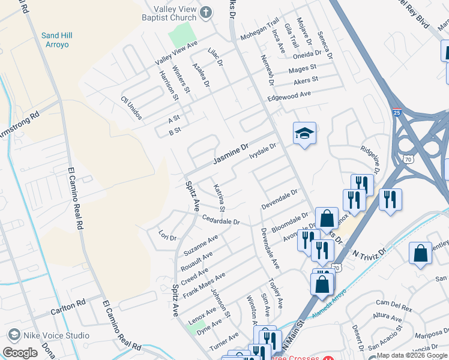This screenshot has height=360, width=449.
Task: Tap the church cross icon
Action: [206, 12]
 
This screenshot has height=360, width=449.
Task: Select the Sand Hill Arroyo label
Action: [59, 40]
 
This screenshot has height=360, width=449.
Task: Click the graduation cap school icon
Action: [304, 134]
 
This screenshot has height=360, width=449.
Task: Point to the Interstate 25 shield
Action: [397, 112]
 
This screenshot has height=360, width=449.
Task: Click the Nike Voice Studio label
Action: [52, 335]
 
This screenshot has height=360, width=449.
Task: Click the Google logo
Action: [20, 353]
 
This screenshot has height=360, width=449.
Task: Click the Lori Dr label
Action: [167, 234]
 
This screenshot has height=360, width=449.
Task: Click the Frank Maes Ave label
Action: [204, 285]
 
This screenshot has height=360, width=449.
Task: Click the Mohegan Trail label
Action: [260, 37]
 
